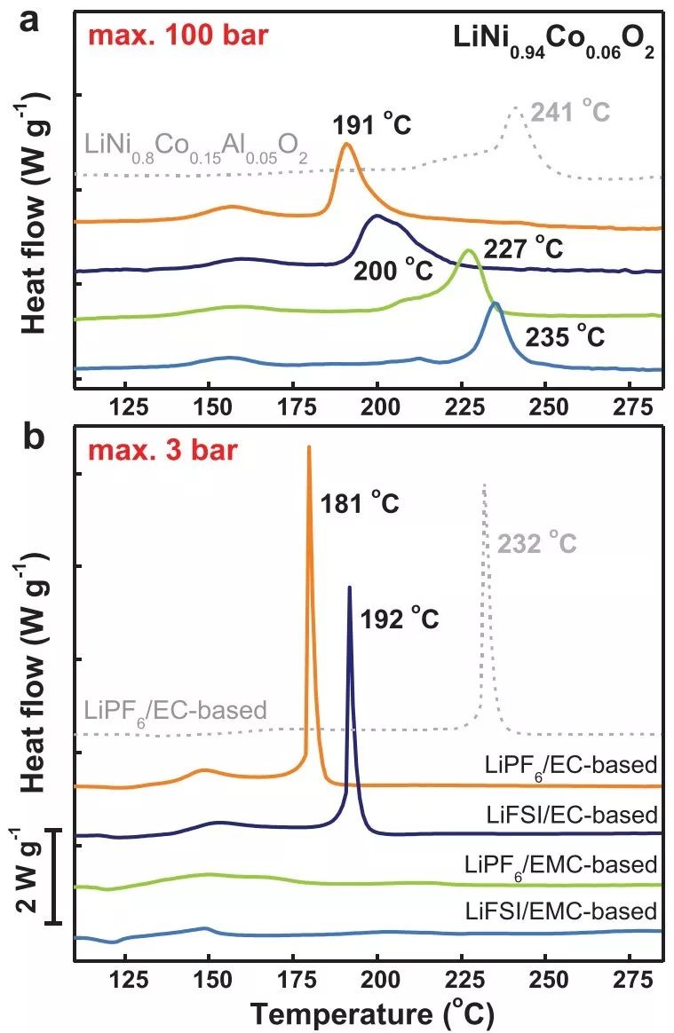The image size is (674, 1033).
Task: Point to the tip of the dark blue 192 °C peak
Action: tap(349, 587)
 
